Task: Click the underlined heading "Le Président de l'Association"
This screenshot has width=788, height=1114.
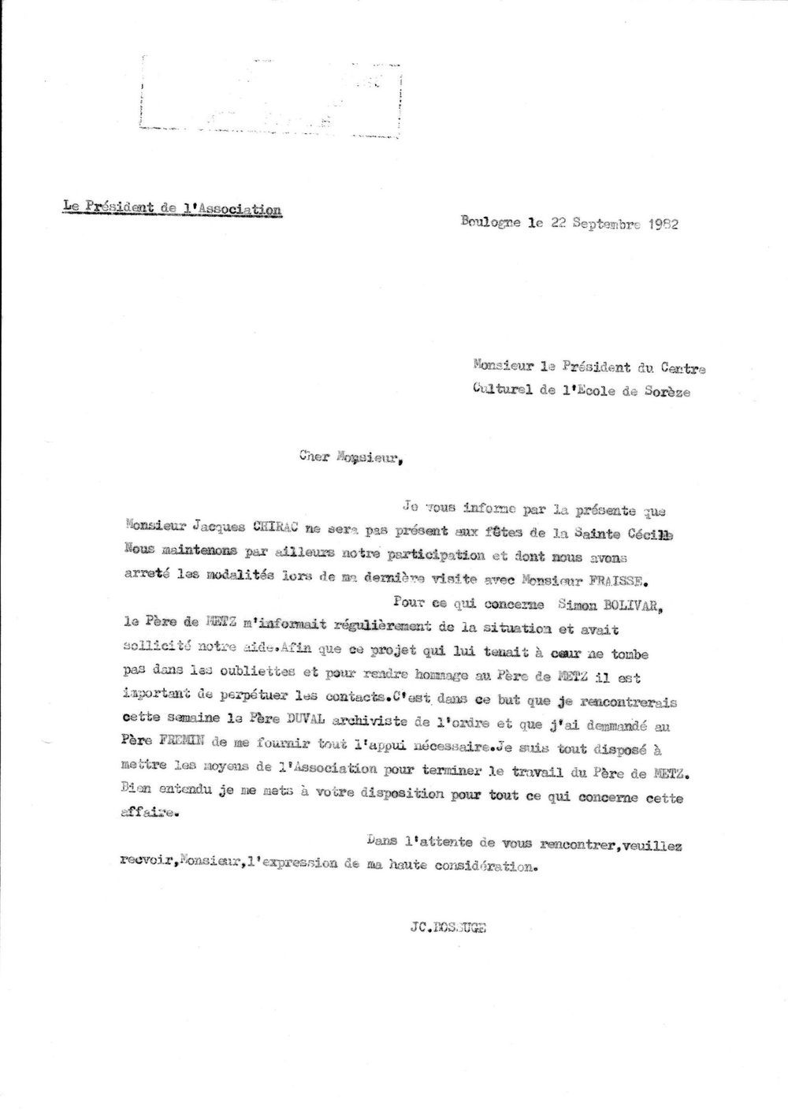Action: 172,208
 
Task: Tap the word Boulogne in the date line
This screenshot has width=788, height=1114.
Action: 490,222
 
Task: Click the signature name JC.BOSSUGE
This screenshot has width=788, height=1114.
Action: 443,928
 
